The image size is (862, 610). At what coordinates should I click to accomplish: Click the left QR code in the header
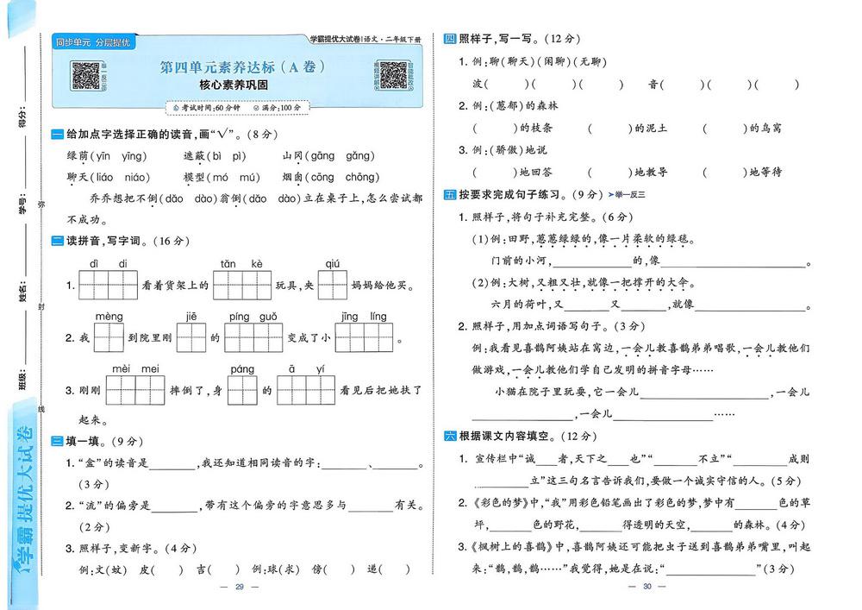87,74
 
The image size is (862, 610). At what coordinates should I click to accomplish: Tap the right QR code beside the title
392,74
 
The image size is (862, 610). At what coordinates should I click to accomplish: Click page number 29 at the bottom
240,587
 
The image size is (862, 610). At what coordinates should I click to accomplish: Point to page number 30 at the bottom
649,587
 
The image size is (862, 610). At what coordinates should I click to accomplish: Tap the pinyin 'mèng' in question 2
109,317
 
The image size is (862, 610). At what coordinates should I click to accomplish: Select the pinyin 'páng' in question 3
242,369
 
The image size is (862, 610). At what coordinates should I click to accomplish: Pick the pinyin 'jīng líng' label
364,317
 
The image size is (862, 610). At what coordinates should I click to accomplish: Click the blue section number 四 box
449,39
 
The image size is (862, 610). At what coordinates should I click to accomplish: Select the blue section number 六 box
449,436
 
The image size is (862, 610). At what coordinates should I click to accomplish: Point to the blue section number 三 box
57,442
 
